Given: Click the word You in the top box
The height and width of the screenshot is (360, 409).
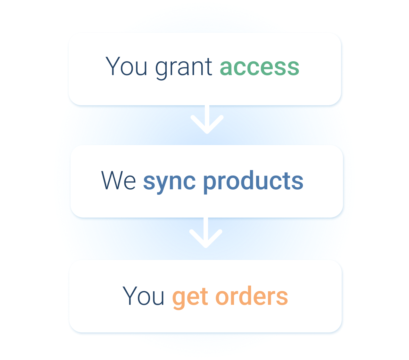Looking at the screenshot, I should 126,66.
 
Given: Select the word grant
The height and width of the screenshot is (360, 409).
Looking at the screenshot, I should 183,67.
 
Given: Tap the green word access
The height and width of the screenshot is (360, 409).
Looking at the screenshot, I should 259,67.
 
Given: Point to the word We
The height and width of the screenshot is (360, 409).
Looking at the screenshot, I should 119,181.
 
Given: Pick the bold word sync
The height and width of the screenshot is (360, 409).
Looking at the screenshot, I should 169,182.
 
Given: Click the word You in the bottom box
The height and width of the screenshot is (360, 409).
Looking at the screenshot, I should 143,296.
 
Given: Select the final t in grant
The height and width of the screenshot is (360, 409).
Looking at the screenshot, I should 209,67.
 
